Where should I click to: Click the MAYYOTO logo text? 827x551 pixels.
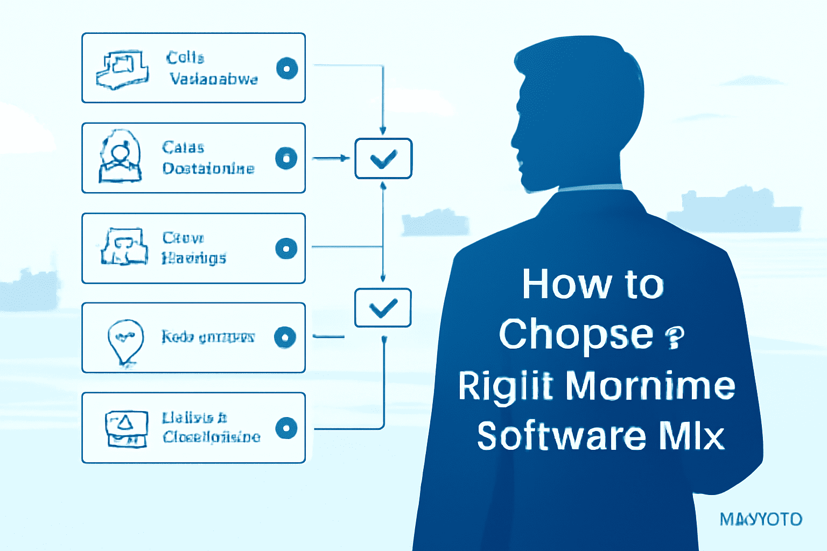[761, 519]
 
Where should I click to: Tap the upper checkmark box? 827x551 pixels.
[383, 158]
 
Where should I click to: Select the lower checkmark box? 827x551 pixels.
[383, 308]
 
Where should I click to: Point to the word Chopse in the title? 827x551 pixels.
[576, 335]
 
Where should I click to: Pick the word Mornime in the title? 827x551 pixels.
[650, 385]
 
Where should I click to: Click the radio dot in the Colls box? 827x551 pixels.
[287, 68]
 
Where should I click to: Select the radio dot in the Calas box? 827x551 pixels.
[286, 158]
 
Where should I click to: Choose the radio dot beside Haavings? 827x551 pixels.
[286, 249]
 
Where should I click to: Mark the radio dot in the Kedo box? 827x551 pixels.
[285, 337]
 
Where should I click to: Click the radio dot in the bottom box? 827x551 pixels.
[286, 428]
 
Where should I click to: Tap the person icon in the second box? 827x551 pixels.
[120, 157]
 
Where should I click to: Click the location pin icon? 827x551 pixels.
[125, 341]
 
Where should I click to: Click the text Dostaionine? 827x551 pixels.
[208, 168]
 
